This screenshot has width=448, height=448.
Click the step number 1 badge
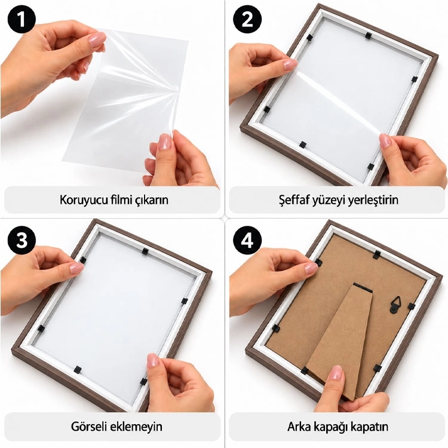pos(22,20)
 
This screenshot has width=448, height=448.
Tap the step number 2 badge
pos(247,20)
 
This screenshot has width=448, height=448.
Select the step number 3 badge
pos(22,241)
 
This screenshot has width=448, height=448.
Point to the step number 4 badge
pos(247,241)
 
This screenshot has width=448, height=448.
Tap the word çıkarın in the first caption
pos(151,200)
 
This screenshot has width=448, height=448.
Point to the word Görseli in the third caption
pos(88,426)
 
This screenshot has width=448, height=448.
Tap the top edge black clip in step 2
pos(368,36)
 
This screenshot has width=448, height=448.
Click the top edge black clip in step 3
pos(145,251)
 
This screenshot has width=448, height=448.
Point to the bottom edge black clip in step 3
pos(78,370)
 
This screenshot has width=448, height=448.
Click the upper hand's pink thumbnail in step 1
pos(97,39)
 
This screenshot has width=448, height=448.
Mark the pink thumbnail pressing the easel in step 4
pos(336,373)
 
